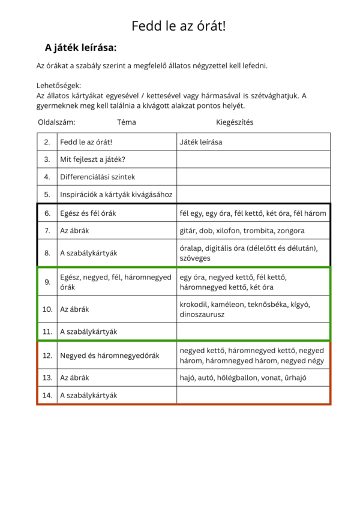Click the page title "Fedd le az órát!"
click(x=179, y=26)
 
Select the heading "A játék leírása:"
click(x=80, y=47)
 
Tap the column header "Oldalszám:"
click(x=56, y=122)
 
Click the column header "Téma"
click(x=126, y=122)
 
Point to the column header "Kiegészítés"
click(x=235, y=122)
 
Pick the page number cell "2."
click(x=47, y=142)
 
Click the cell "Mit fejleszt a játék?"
click(x=92, y=159)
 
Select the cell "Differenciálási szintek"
click(x=97, y=177)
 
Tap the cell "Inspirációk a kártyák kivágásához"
click(x=116, y=194)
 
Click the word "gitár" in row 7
click(x=189, y=230)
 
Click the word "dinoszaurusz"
click(x=202, y=314)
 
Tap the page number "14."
click(x=47, y=395)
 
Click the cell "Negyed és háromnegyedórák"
click(x=109, y=356)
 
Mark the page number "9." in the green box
click(x=47, y=281)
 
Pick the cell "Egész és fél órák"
click(x=88, y=213)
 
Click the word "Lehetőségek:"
click(x=59, y=86)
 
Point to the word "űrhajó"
click(x=311, y=378)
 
